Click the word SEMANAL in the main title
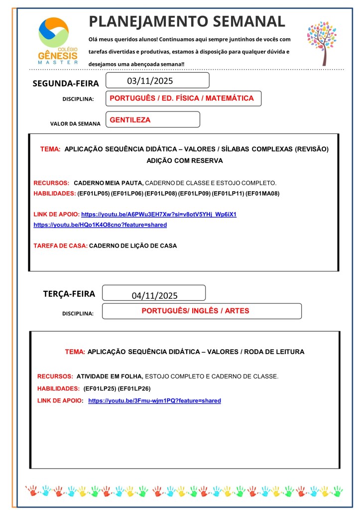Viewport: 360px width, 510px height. tap(247, 21)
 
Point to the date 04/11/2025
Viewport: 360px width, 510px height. tap(155, 295)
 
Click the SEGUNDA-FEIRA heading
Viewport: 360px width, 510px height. tap(66, 83)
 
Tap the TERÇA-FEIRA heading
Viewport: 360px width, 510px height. tap(69, 294)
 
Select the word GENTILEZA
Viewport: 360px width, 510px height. tap(130, 120)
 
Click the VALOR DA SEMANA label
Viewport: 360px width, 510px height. tap(75, 124)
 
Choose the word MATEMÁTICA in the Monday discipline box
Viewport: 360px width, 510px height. tap(228, 98)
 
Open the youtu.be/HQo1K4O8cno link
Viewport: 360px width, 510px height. tap(100, 225)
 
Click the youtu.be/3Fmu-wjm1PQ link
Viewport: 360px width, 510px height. tap(154, 400)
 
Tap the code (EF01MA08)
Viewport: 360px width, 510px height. tap(265, 193)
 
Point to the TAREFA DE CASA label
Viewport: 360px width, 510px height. tap(60, 246)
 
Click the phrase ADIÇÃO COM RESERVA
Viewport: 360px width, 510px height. tap(184, 161)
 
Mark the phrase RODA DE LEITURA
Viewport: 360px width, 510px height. tap(274, 352)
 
